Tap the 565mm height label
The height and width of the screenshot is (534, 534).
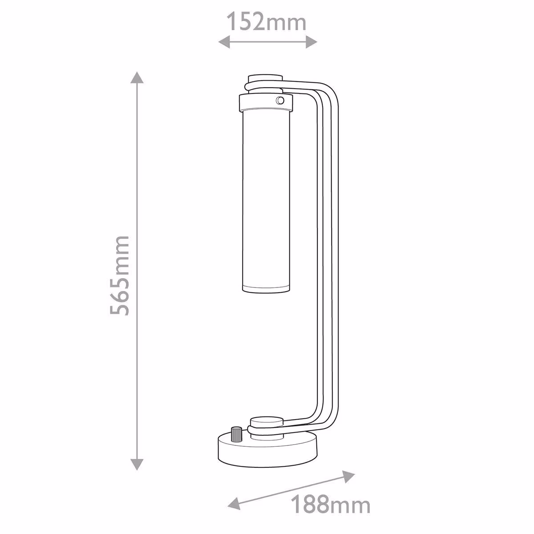(120, 276)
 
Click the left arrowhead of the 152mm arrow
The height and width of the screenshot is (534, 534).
(224, 42)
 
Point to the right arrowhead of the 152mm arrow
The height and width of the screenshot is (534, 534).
(311, 42)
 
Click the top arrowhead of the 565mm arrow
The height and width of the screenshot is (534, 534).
(137, 77)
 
